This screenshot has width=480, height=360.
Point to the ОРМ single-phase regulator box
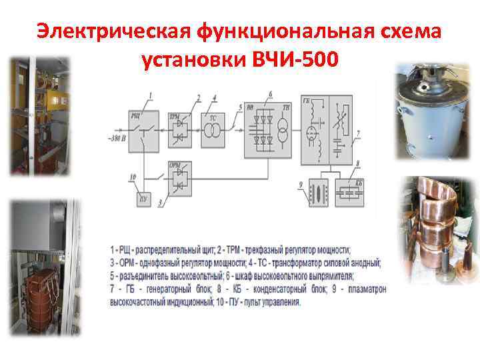pyautogui.click(x=178, y=177)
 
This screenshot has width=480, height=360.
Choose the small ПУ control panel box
pyautogui.click(x=142, y=199)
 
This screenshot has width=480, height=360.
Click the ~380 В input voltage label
pyautogui.click(x=118, y=139)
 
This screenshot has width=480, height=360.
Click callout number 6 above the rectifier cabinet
pyautogui.click(x=270, y=93)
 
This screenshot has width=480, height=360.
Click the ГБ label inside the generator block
pyautogui.click(x=306, y=101)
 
